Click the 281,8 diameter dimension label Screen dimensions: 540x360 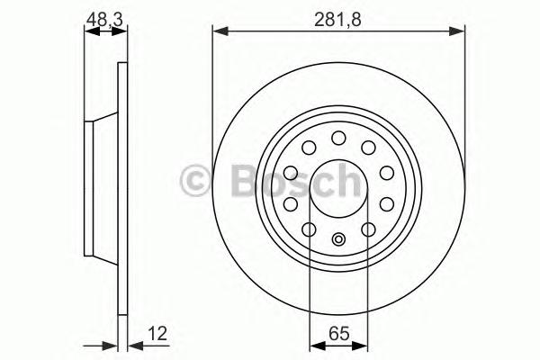[x=337, y=20]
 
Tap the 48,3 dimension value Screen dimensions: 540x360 [x=104, y=20]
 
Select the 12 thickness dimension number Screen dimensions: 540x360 [x=157, y=334]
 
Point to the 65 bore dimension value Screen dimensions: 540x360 [x=339, y=334]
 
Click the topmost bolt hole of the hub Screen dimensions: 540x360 [x=338, y=138]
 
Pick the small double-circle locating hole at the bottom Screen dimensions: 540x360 [x=338, y=238]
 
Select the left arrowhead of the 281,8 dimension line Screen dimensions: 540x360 [x=220, y=31]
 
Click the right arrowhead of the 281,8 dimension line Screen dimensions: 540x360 [x=457, y=31]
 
